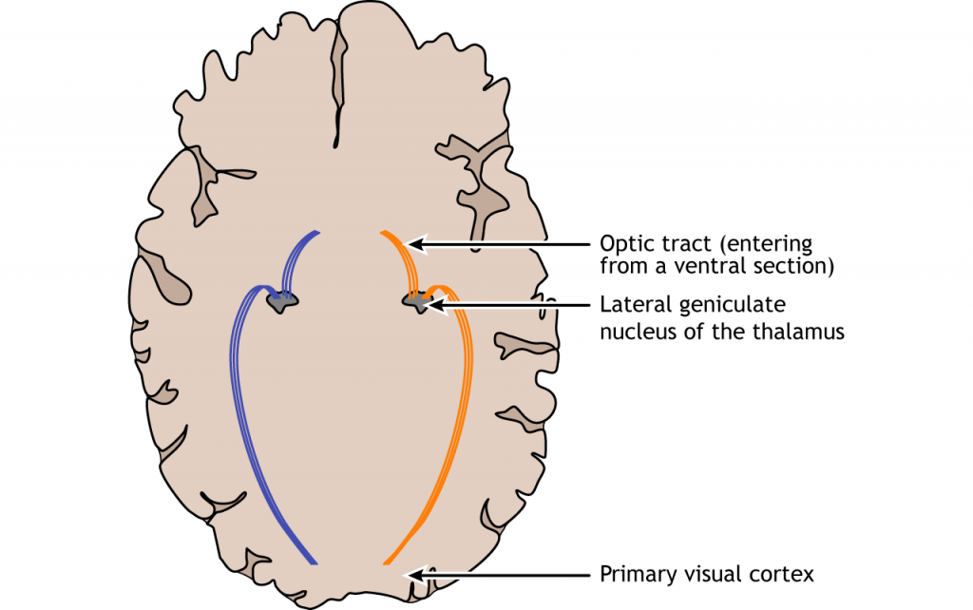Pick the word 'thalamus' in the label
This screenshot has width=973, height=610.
804,332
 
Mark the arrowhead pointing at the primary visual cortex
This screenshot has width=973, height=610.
411,574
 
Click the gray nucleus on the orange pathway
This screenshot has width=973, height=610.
415,302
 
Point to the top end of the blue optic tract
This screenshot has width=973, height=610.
317,232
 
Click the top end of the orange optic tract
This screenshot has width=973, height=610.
382,232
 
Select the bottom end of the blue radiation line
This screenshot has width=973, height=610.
315,563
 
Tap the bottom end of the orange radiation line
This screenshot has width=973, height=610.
385,563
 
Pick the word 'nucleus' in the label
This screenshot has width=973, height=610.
636,332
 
